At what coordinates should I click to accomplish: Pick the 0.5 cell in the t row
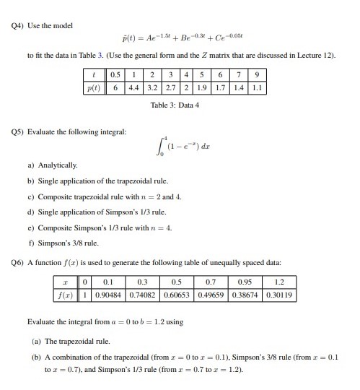click(114, 74)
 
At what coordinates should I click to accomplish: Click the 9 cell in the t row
click(255, 74)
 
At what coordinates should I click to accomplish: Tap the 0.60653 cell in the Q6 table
click(169, 295)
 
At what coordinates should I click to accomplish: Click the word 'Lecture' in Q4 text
click(305, 54)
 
